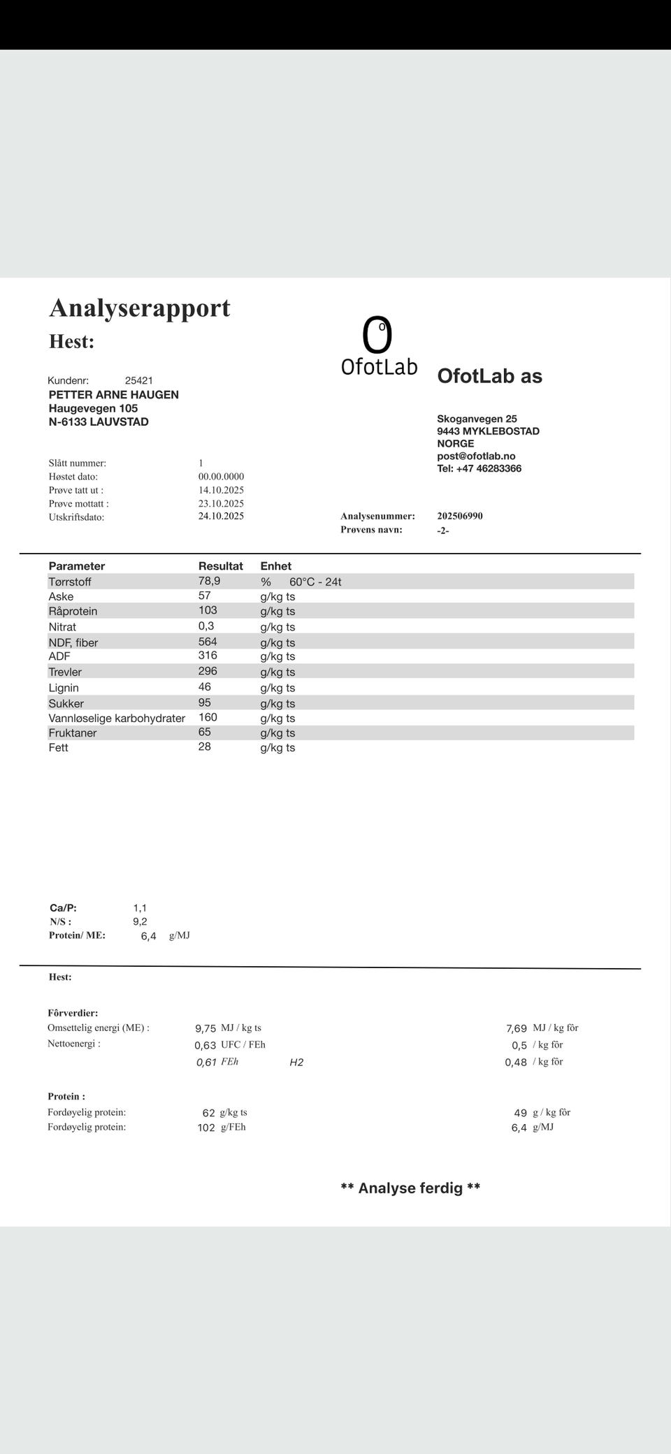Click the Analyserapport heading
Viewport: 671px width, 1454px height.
pyautogui.click(x=140, y=308)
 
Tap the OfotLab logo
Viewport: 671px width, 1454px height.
pyautogui.click(x=378, y=346)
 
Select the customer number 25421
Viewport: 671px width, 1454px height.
pyautogui.click(x=138, y=380)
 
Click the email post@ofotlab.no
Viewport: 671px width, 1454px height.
pyautogui.click(x=476, y=456)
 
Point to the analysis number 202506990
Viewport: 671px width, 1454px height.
pyautogui.click(x=460, y=516)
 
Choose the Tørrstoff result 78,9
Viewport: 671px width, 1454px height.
pyautogui.click(x=209, y=581)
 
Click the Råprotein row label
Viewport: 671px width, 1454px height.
pyautogui.click(x=73, y=611)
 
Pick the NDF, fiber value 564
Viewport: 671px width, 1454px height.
pyautogui.click(x=208, y=642)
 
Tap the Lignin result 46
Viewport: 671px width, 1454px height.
pyautogui.click(x=204, y=687)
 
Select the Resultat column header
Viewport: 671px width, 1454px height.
pyautogui.click(x=220, y=566)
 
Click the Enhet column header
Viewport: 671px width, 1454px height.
pyautogui.click(x=275, y=566)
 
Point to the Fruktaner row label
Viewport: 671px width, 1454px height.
pyautogui.click(x=73, y=733)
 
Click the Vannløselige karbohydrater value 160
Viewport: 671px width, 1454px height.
pyautogui.click(x=208, y=717)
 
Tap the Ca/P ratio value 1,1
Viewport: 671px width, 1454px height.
pyautogui.click(x=140, y=908)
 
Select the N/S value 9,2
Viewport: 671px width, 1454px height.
pyautogui.click(x=140, y=921)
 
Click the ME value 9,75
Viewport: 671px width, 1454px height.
pyautogui.click(x=205, y=1028)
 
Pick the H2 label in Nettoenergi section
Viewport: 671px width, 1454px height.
pyautogui.click(x=296, y=1063)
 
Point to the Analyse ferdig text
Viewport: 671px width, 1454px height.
pyautogui.click(x=410, y=1188)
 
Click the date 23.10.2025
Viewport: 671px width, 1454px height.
pyautogui.click(x=221, y=503)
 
